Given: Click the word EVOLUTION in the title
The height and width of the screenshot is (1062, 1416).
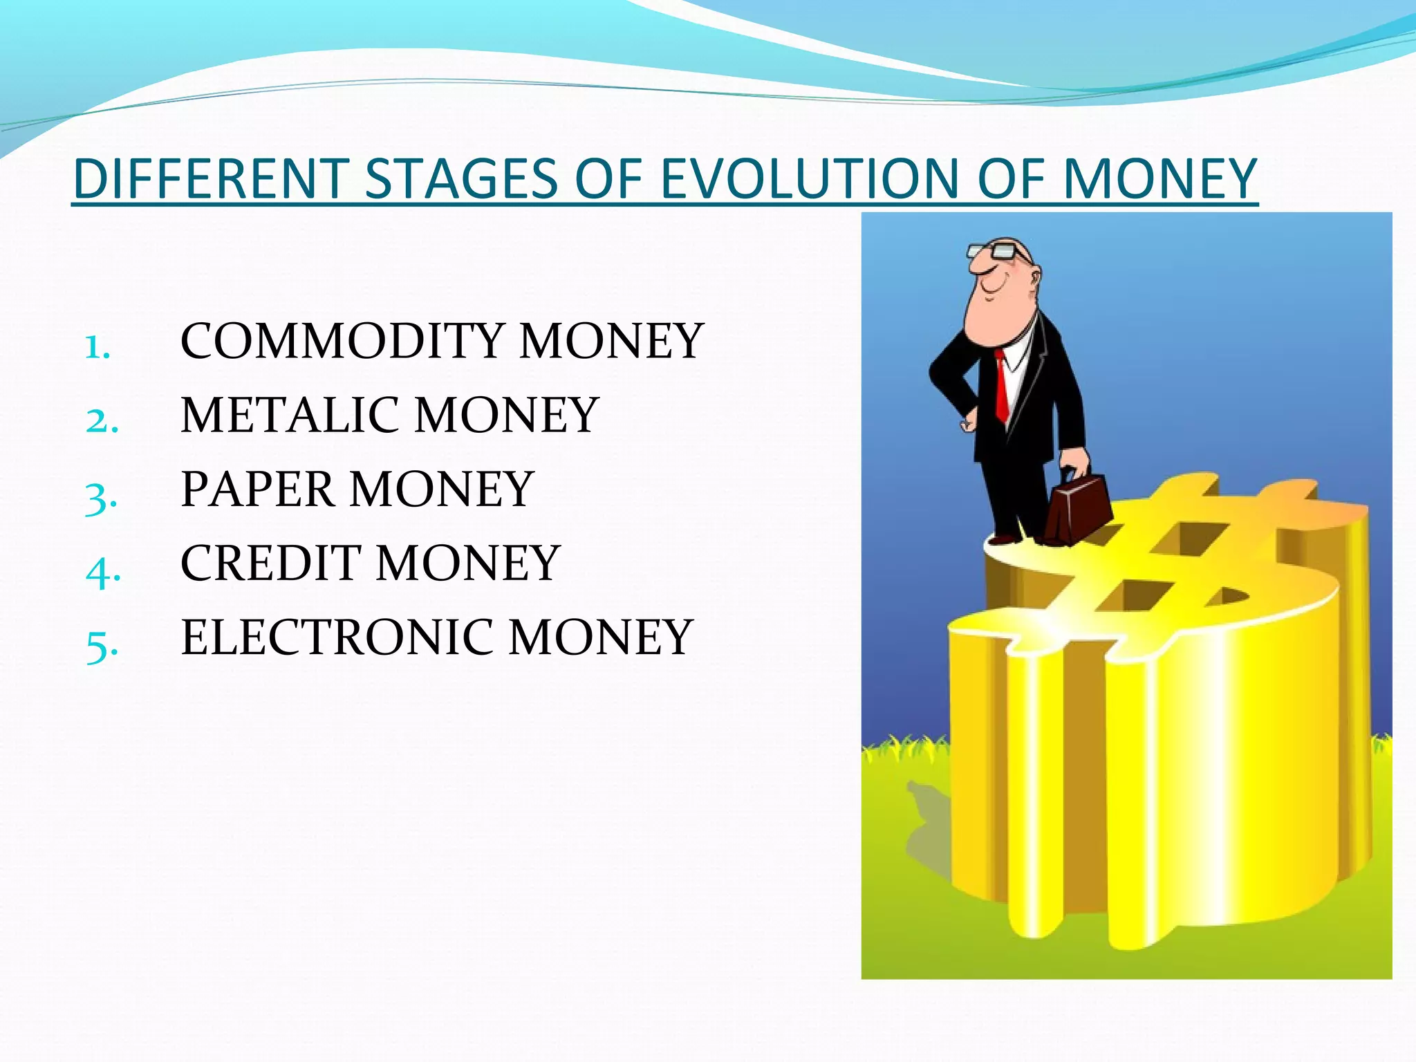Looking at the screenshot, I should point(809,178).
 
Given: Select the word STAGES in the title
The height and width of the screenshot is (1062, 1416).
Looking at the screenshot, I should point(460,178).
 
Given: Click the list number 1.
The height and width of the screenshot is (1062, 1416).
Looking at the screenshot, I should point(97,348).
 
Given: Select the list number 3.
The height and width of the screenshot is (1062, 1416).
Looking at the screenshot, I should point(101,497).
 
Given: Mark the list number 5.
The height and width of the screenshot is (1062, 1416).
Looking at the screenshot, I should point(101,646).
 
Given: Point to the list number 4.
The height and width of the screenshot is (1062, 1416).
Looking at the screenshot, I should point(102,572).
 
